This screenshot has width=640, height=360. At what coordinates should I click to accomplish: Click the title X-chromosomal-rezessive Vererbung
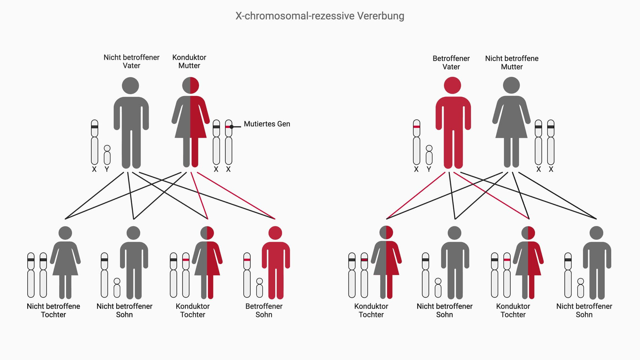tap(320, 16)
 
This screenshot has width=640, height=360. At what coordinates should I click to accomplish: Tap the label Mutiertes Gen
tap(267, 124)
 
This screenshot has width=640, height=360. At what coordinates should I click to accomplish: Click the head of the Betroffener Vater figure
tap(452, 85)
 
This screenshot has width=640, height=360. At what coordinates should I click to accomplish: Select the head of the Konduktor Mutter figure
tap(190, 85)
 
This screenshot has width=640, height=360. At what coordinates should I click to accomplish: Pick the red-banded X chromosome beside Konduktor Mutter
tap(228, 142)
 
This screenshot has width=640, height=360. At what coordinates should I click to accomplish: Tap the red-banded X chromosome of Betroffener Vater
tap(416, 142)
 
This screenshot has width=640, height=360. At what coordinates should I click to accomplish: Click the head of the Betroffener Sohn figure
tap(275, 233)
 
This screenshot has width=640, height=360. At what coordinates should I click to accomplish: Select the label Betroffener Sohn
tap(264, 310)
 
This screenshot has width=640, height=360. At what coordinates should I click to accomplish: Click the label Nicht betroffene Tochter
tap(53, 310)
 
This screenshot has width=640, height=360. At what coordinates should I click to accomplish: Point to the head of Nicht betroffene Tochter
tap(65, 233)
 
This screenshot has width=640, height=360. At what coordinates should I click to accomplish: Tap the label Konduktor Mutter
tap(189, 61)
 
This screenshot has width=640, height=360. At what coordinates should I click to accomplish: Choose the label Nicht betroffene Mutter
tap(512, 62)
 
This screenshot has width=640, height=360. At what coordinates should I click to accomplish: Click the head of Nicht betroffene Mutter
tap(511, 85)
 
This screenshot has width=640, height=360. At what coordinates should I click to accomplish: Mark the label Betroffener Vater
tap(451, 62)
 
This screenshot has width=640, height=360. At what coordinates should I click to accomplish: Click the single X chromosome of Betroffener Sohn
tap(247, 275)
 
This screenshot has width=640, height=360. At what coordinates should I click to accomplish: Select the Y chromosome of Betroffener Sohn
tap(259, 288)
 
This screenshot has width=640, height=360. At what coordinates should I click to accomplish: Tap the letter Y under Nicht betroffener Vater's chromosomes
tap(107, 169)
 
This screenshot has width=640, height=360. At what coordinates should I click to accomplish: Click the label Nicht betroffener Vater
tap(131, 61)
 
